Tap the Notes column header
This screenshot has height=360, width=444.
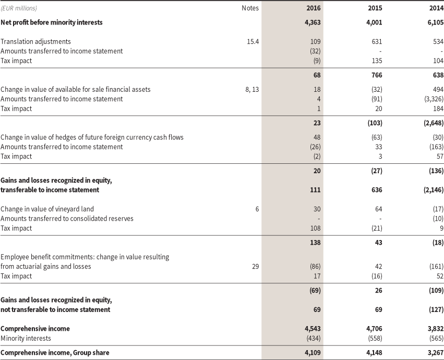pos(250,8)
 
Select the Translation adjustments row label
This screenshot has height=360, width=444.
pos(36,41)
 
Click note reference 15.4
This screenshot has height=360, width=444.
pos(253,41)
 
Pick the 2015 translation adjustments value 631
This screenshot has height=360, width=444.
pos(377,41)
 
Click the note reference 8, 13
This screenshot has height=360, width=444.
pos(252,89)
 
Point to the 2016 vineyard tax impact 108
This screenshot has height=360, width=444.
pos(316,229)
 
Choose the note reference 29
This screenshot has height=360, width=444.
pos(255,267)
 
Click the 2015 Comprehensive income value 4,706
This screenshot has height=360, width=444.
pos(374,329)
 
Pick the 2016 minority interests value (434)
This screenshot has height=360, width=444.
pos(313,338)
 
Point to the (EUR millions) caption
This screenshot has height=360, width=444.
pos(19,8)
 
